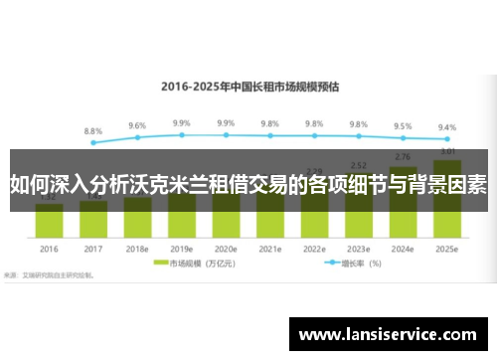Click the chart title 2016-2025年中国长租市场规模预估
pyautogui.click(x=250, y=86)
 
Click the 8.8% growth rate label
pyautogui.click(x=93, y=131)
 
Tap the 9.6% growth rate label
pyautogui.click(x=137, y=126)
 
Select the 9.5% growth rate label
pyautogui.click(x=403, y=126)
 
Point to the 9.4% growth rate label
pyautogui.click(x=447, y=127)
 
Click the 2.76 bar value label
pyautogui.click(x=403, y=157)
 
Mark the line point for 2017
pyautogui.click(x=93, y=142)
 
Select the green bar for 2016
pyautogui.click(x=50, y=218)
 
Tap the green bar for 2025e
pyautogui.click(x=447, y=199)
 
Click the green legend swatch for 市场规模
pyautogui.click(x=159, y=264)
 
